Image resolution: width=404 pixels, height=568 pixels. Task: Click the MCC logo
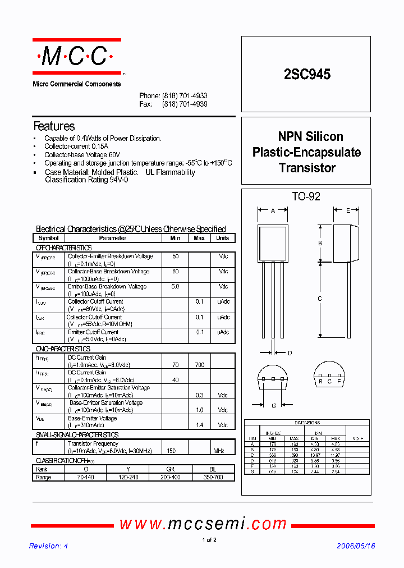click(x=76, y=56)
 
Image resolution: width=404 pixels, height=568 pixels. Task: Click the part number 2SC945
click(x=307, y=74)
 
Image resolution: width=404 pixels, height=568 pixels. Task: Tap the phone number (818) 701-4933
click(x=185, y=96)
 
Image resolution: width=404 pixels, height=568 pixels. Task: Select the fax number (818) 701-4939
click(x=185, y=104)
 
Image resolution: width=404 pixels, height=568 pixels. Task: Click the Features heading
click(x=54, y=126)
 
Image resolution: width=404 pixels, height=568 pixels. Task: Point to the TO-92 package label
click(x=306, y=196)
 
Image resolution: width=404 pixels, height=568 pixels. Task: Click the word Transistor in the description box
click(x=307, y=168)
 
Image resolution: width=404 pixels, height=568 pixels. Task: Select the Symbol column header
click(x=49, y=238)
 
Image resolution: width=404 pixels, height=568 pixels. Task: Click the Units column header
click(x=223, y=238)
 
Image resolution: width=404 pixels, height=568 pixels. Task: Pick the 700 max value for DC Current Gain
click(x=199, y=365)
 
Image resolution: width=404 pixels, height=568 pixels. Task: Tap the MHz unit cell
click(x=219, y=451)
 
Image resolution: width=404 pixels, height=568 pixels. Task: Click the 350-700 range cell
click(x=213, y=477)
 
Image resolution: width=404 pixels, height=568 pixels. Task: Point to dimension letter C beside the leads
click(x=320, y=299)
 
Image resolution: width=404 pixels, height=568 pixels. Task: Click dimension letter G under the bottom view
click(x=274, y=405)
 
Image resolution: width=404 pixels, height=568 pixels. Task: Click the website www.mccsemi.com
click(x=203, y=524)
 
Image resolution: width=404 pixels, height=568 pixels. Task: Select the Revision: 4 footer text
click(x=48, y=546)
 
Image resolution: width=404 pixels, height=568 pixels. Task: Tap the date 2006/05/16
click(x=356, y=546)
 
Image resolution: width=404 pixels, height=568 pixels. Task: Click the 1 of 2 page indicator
click(x=209, y=540)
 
